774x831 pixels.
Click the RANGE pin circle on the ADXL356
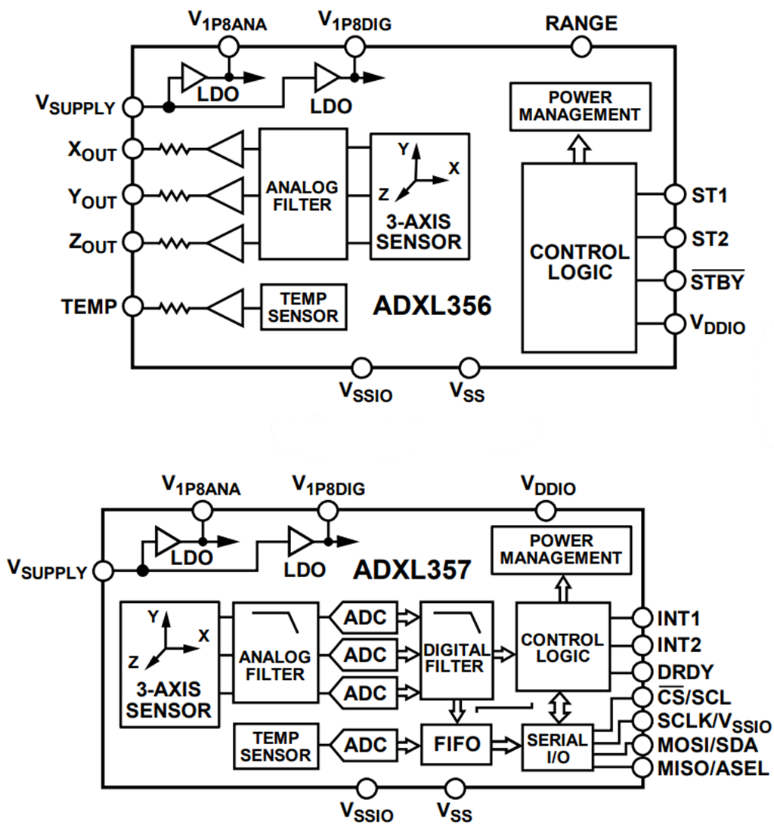coord(580,47)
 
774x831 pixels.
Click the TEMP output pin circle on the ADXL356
coord(133,307)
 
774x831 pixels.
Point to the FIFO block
coord(457,743)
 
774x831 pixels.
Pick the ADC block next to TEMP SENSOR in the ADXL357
coord(365,743)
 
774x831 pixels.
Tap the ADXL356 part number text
coord(432,306)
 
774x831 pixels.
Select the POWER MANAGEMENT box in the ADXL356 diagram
coord(579,107)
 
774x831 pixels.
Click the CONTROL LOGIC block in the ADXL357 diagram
coord(562,647)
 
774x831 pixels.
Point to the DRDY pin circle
coord(642,671)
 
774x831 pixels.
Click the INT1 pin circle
coord(642,618)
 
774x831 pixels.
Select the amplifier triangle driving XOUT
coord(225,148)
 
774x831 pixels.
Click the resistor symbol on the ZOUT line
coord(173,243)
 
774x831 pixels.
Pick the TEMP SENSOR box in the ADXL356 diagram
coord(303,307)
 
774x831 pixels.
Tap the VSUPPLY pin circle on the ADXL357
coord(103,571)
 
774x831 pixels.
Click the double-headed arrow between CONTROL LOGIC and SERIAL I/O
coord(556,707)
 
